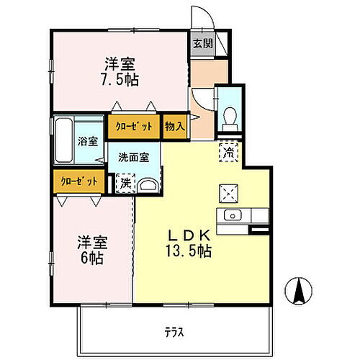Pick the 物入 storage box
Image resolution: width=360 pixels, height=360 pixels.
point(174,126)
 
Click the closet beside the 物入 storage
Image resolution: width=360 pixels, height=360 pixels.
point(134,126)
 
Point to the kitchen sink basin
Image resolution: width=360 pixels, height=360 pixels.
point(233,215)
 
